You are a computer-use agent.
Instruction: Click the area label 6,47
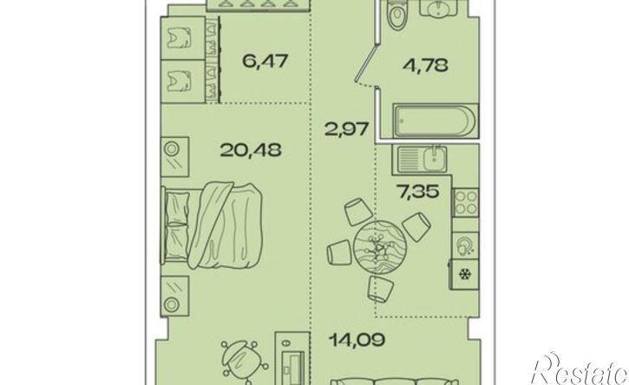tap(265, 62)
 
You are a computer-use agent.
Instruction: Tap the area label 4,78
tap(425, 64)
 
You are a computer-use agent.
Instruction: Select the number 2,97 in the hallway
tap(347, 129)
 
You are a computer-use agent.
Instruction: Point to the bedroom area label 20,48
tap(251, 150)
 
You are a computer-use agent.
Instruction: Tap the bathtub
tap(436, 121)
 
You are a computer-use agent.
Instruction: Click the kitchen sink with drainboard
tap(423, 160)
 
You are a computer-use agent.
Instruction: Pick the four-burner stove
tap(466, 203)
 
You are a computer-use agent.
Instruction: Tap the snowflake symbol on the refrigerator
tap(465, 275)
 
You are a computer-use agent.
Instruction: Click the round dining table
tap(380, 245)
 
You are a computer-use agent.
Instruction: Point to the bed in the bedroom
tap(212, 225)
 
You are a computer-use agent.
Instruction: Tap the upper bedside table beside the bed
tap(175, 157)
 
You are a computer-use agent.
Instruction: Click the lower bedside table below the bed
tap(175, 297)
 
